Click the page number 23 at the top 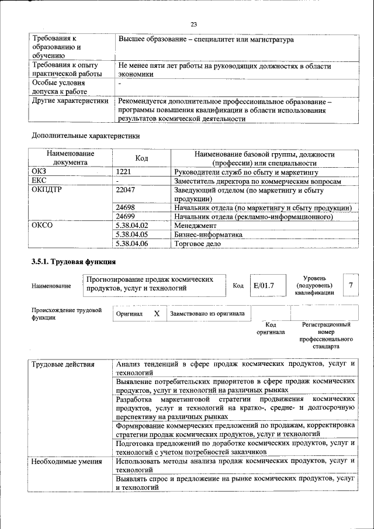193,24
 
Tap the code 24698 126,208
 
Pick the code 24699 126,216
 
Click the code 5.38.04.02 132,225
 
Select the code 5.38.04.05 132,234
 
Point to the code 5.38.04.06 132,243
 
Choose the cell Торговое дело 198,243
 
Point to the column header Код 142,158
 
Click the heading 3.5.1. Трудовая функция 73,261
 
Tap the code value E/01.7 264,285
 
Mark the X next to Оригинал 157,313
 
